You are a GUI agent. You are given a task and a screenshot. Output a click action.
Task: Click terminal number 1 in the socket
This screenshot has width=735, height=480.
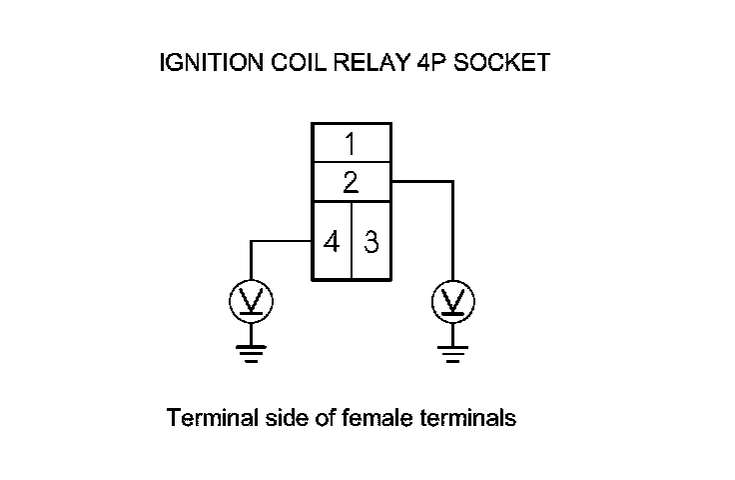tap(351, 143)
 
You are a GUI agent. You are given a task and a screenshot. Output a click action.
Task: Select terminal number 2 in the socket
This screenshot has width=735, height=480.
tap(351, 183)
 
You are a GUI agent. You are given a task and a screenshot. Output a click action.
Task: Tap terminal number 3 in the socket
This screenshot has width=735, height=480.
tap(371, 241)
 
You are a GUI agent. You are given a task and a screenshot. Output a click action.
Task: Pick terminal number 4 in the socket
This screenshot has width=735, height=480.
tap(332, 241)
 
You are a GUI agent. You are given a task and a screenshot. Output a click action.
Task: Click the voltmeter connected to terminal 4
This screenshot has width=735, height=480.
tap(250, 299)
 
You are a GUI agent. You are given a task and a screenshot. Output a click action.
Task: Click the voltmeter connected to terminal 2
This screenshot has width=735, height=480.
tap(453, 299)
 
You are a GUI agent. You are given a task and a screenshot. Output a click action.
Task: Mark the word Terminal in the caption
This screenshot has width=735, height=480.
tap(206, 418)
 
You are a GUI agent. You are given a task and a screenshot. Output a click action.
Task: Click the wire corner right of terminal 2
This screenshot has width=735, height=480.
tap(453, 182)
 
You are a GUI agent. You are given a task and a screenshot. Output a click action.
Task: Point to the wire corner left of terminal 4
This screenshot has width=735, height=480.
tap(250, 241)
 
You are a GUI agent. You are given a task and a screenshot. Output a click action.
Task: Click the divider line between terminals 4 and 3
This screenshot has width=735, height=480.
tap(352, 241)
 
